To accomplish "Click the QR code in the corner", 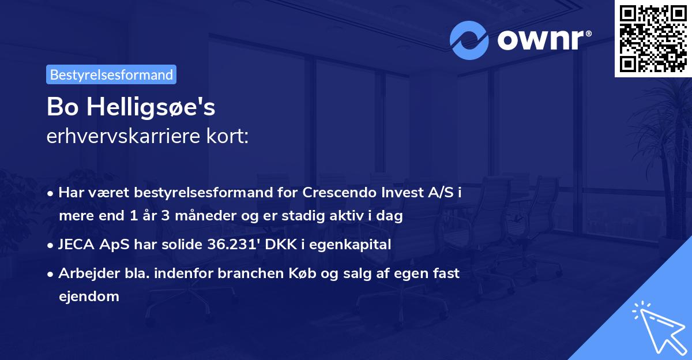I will click(x=653, y=39).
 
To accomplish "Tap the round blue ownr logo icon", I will click(x=469, y=40).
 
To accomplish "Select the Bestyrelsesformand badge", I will click(x=111, y=74).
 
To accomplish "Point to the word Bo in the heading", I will click(x=62, y=107).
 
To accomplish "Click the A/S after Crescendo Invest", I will click(x=441, y=193).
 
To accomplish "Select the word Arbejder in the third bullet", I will click(x=84, y=273).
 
